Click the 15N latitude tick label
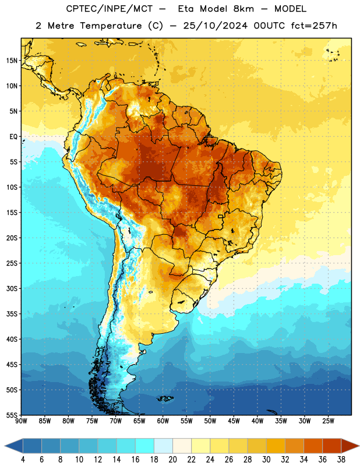pos(12,61)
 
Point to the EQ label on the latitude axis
pos(13,137)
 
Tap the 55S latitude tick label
pos(12,415)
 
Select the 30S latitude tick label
pos(12,288)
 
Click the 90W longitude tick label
pos(21,421)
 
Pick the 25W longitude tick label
pos(328,421)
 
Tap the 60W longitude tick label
pos(163,421)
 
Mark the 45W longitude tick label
pos(234,421)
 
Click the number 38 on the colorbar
pos(341,460)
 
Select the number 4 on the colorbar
pos(23,460)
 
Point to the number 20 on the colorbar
pos(172,460)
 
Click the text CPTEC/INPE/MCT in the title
pos(109,9)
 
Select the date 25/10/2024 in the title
pos(215,26)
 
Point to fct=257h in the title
pos(314,26)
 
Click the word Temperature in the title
pos(111,26)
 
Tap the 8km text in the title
pos(243,9)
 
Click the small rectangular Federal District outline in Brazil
pos(221,216)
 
